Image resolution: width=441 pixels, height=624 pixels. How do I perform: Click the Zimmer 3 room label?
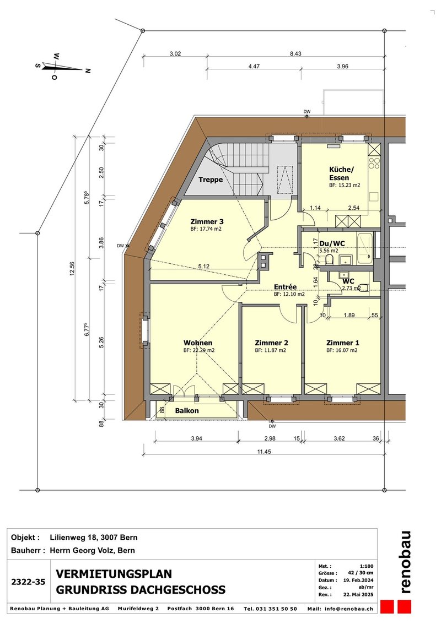click(x=207, y=221)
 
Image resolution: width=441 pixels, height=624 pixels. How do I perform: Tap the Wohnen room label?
click(x=197, y=343)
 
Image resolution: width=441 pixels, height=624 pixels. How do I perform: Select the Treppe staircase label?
click(x=211, y=180)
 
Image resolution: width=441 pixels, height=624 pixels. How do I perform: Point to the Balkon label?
click(x=187, y=411)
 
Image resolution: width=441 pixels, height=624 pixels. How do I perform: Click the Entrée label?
click(x=285, y=287)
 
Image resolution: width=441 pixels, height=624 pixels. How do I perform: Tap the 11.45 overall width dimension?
click(x=264, y=452)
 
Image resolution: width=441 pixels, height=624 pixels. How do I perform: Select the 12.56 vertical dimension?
click(x=72, y=269)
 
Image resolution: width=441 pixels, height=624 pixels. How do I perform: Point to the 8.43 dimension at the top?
click(x=295, y=54)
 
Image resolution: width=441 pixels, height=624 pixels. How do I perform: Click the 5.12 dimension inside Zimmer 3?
click(x=203, y=266)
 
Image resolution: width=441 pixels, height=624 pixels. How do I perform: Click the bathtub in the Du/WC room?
click(x=365, y=248)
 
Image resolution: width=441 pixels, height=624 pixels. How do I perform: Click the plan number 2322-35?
click(x=28, y=582)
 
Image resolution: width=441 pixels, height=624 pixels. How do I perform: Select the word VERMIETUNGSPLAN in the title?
click(x=114, y=574)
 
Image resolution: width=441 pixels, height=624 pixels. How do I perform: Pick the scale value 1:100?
click(x=367, y=566)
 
